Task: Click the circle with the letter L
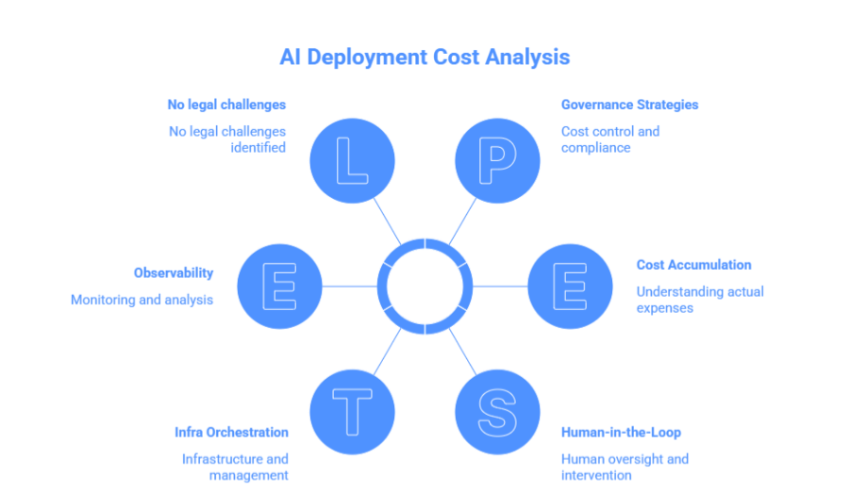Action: [353, 160]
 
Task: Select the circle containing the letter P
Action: [497, 160]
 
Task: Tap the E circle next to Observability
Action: [280, 286]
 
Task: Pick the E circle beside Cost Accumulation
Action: [570, 286]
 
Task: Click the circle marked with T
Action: [353, 412]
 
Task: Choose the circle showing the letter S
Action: [497, 412]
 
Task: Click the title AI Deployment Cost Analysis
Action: [425, 57]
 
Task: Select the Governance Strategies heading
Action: [629, 105]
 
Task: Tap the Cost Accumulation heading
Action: [693, 265]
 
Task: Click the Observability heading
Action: [174, 272]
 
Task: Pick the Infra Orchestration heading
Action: [231, 432]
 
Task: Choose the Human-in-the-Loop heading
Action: [621, 432]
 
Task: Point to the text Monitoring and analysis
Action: [142, 300]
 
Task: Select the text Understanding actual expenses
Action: [699, 300]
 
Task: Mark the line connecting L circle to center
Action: [386, 219]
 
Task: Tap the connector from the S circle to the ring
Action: [461, 350]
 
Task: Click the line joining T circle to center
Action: [388, 351]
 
